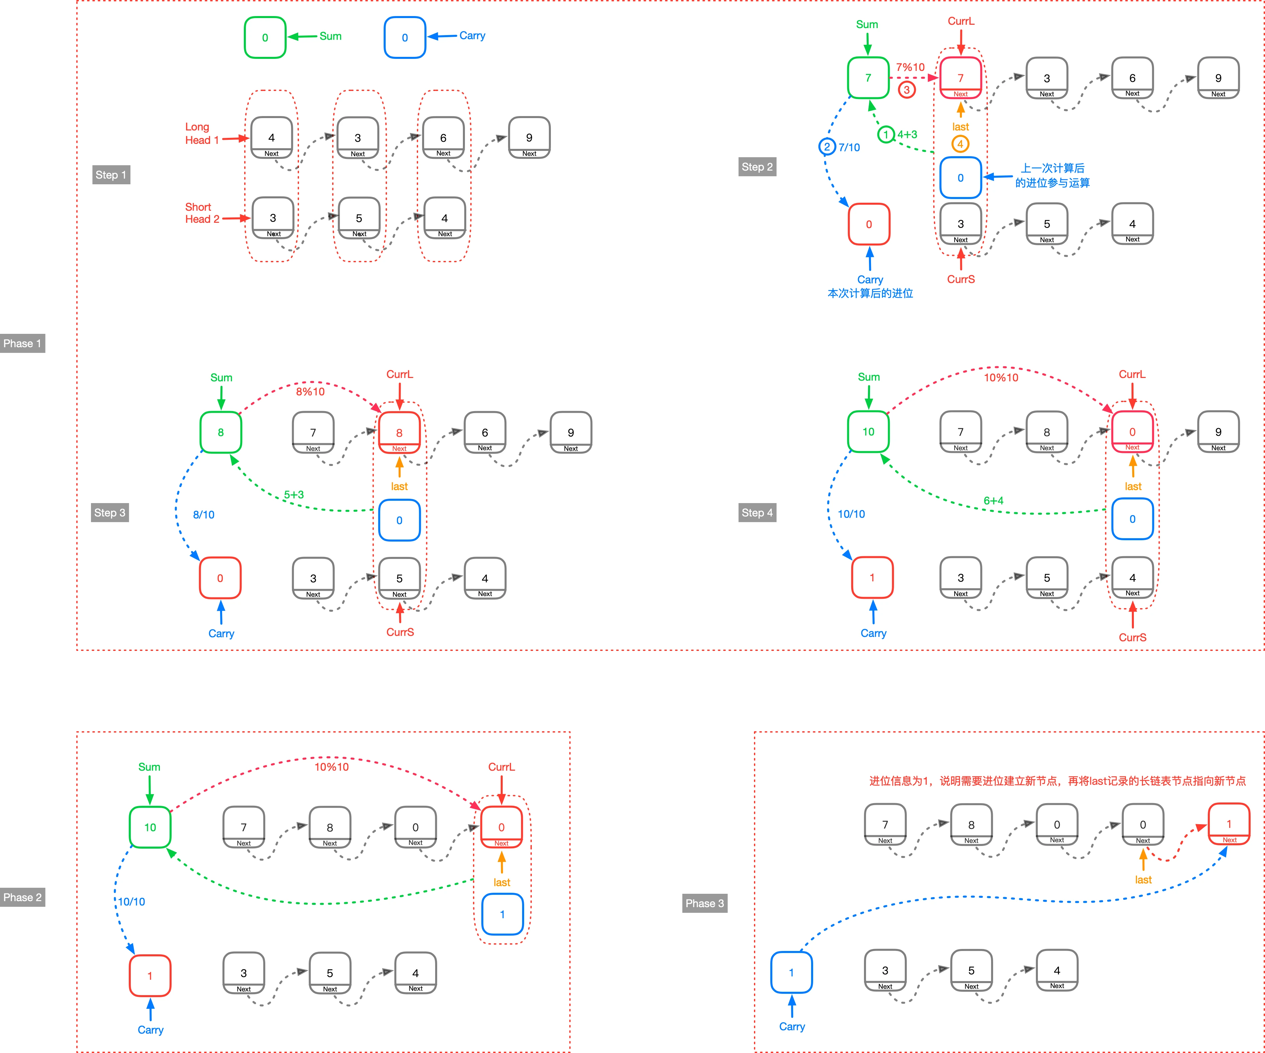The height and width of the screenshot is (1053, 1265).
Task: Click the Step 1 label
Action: [x=111, y=175]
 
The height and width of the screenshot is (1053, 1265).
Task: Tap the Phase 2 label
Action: [x=22, y=897]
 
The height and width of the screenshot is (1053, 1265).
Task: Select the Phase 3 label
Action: [x=705, y=903]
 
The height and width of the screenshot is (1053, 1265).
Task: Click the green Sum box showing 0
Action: [x=265, y=37]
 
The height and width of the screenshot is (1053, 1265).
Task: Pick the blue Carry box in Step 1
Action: [x=405, y=37]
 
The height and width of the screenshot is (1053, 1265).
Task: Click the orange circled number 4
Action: [x=960, y=144]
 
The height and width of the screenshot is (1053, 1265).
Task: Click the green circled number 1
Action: [x=885, y=134]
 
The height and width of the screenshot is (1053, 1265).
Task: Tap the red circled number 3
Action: [x=906, y=90]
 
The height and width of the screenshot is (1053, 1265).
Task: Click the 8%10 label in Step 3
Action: [x=310, y=392]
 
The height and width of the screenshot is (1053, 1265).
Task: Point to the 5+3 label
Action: [x=294, y=495]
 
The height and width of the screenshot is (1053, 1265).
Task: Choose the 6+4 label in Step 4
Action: [x=993, y=501]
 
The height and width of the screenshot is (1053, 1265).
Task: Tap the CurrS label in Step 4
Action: [x=1133, y=637]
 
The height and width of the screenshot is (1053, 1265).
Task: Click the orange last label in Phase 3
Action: [x=1143, y=879]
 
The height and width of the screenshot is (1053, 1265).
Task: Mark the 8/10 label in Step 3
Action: [x=204, y=514]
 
